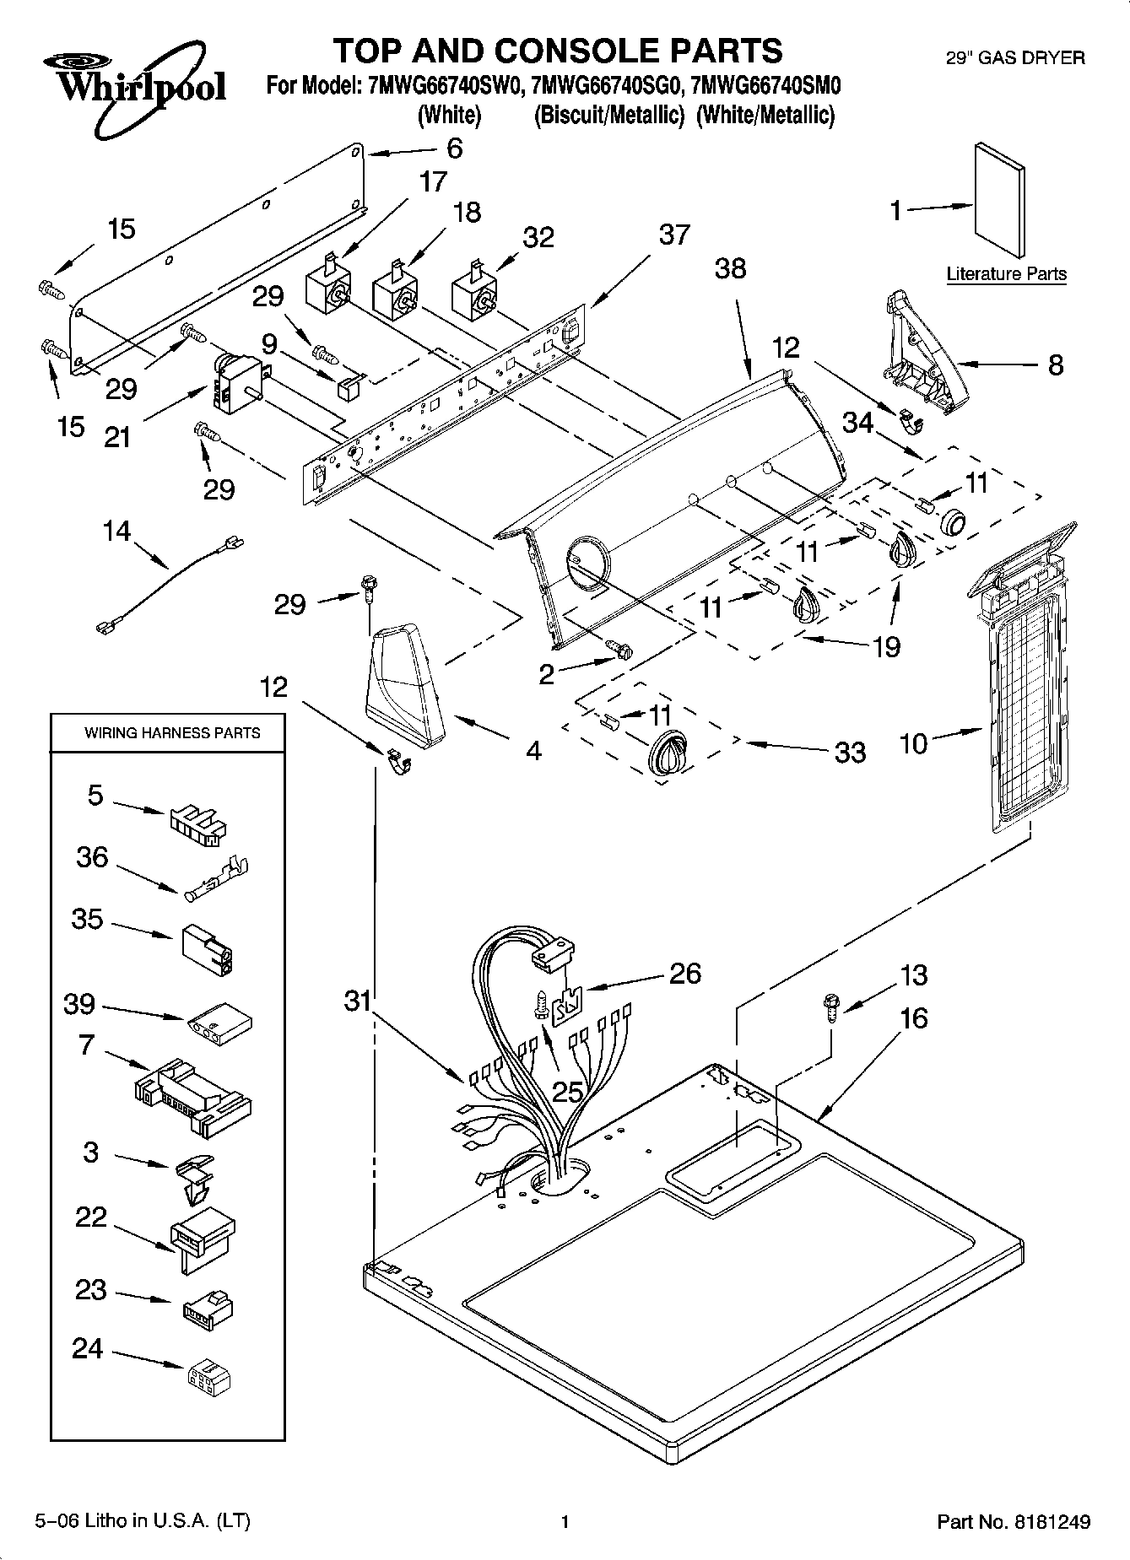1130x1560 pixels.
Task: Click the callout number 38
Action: coord(730,268)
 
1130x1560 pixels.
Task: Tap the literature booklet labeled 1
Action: coord(999,202)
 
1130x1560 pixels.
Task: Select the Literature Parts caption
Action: coord(1006,274)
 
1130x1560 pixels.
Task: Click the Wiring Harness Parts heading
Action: coord(172,732)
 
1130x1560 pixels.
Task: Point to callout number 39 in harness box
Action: coord(80,1004)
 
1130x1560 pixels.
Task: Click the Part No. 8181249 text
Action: coord(1014,1522)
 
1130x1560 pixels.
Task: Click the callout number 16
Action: coord(913,1018)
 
